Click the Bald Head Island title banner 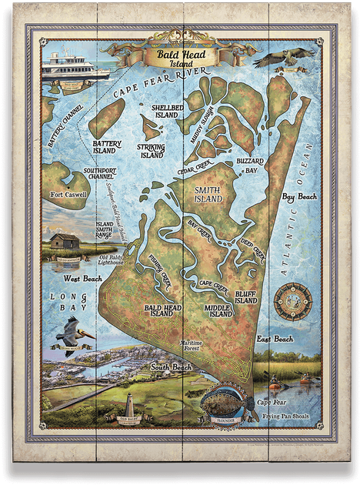pyautogui.click(x=178, y=56)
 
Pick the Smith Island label pyautogui.click(x=208, y=193)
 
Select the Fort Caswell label pyautogui.click(x=68, y=195)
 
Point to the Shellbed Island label pyautogui.click(x=165, y=110)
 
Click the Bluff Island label pyautogui.click(x=245, y=296)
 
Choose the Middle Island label pyautogui.click(x=218, y=310)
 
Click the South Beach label pyautogui.click(x=171, y=368)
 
